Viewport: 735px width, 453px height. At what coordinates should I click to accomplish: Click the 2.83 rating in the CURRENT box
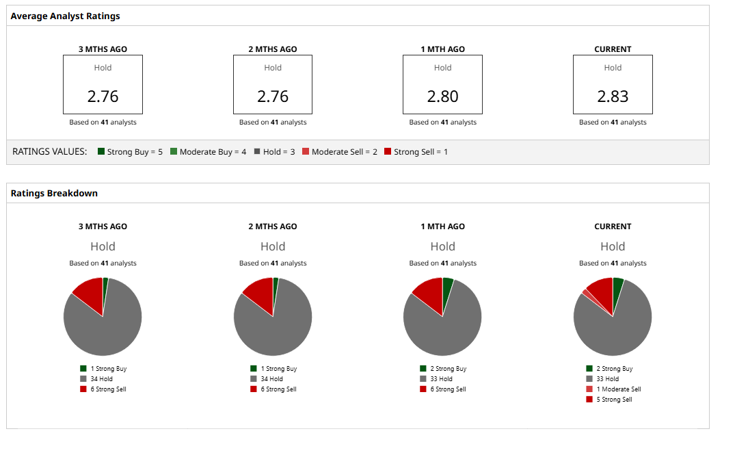coord(613,96)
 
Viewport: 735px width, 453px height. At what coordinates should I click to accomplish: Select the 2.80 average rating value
coord(442,96)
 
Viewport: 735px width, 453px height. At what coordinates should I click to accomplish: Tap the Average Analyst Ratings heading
coord(65,16)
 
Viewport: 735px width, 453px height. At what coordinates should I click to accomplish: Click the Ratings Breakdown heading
coord(54,193)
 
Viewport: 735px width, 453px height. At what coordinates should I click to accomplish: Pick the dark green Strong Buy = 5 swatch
coord(101,151)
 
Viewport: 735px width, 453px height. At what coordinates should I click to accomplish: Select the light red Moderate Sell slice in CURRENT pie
coord(586,294)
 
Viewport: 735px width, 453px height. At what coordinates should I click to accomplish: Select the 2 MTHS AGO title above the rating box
coord(273,49)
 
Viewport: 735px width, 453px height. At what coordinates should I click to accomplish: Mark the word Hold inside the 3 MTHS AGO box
coord(103,68)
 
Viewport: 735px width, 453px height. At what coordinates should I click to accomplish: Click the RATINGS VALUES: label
coord(50,151)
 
